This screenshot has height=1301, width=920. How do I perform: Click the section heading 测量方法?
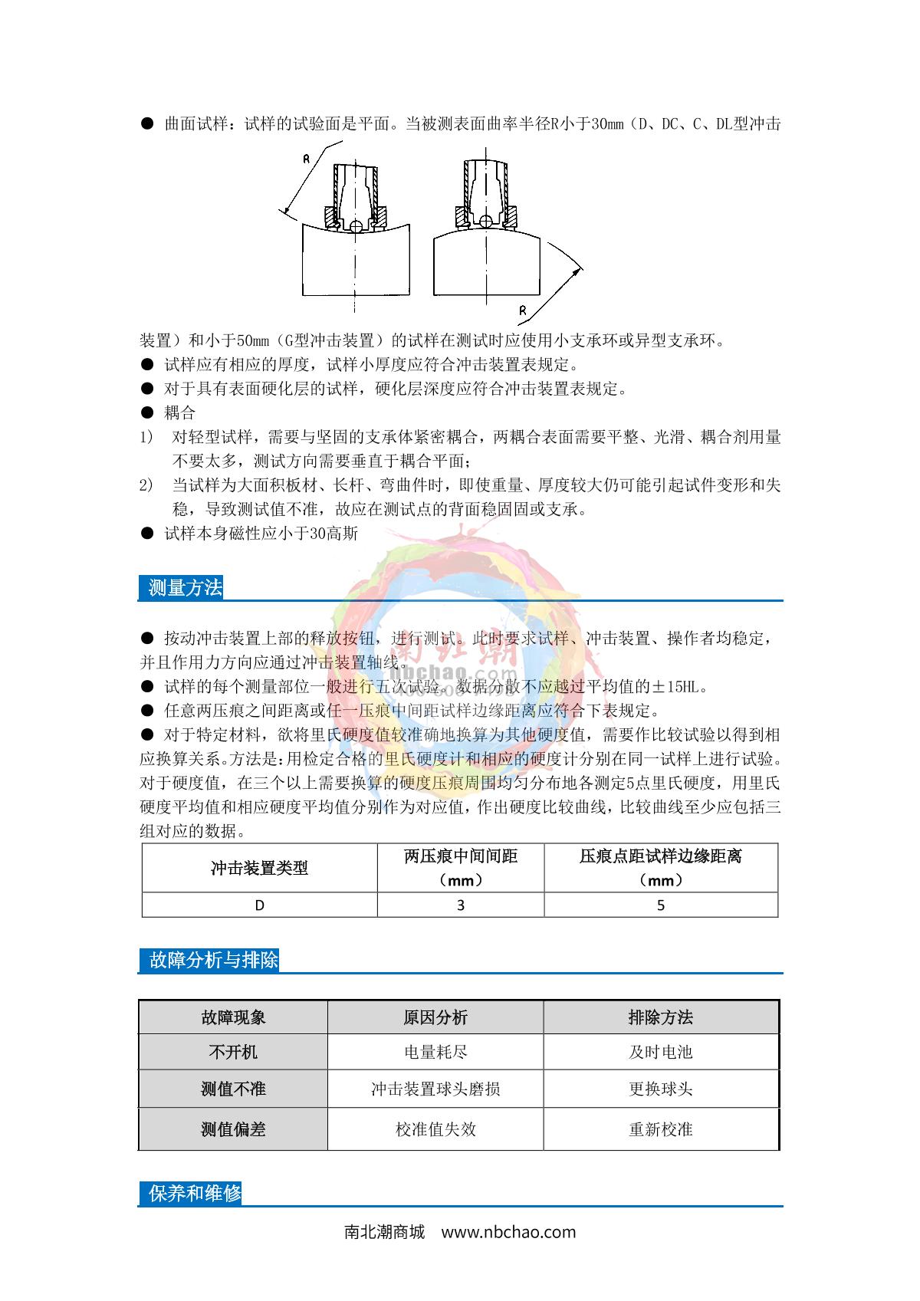[x=185, y=588]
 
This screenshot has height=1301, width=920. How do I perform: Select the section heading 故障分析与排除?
[x=213, y=960]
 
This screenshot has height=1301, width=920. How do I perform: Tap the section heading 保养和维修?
[x=195, y=1193]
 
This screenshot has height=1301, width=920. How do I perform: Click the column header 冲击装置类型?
[x=259, y=868]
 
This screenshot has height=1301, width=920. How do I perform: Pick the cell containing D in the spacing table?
[x=259, y=905]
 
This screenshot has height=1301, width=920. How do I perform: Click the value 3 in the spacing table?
[x=461, y=905]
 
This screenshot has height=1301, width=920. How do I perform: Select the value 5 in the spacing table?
[x=661, y=905]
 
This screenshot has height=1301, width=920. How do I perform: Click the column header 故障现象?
[x=233, y=1017]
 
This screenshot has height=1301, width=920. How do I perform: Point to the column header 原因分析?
[x=435, y=1017]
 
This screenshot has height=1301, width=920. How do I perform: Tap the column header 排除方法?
[x=661, y=1017]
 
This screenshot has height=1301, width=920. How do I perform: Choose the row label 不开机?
[x=233, y=1052]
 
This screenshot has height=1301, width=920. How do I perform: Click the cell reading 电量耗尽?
[x=435, y=1052]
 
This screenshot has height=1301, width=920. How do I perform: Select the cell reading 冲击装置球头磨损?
[x=435, y=1089]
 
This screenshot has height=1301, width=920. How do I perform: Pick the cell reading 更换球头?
[x=661, y=1089]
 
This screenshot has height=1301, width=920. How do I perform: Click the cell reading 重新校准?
[x=661, y=1129]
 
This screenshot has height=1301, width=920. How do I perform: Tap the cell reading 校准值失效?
[x=435, y=1129]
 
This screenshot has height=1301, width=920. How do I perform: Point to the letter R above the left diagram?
[x=306, y=159]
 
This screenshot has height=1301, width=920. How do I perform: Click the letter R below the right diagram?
[x=522, y=310]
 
